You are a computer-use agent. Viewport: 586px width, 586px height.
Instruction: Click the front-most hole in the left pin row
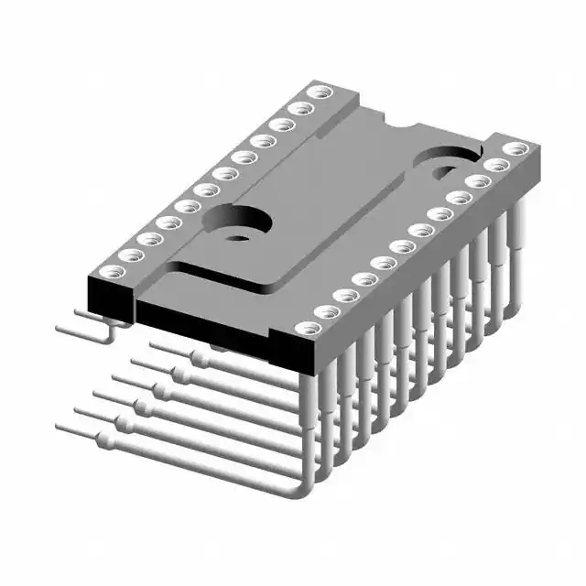[x=110, y=271]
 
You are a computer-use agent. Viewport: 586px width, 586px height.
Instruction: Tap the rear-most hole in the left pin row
[x=319, y=92]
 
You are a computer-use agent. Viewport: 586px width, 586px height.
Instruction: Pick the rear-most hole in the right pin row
[x=515, y=148]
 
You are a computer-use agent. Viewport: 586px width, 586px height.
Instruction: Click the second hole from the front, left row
[x=129, y=255]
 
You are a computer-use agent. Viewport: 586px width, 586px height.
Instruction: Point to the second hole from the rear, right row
[x=496, y=165]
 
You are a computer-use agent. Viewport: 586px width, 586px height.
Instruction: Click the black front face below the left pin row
[x=110, y=296]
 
